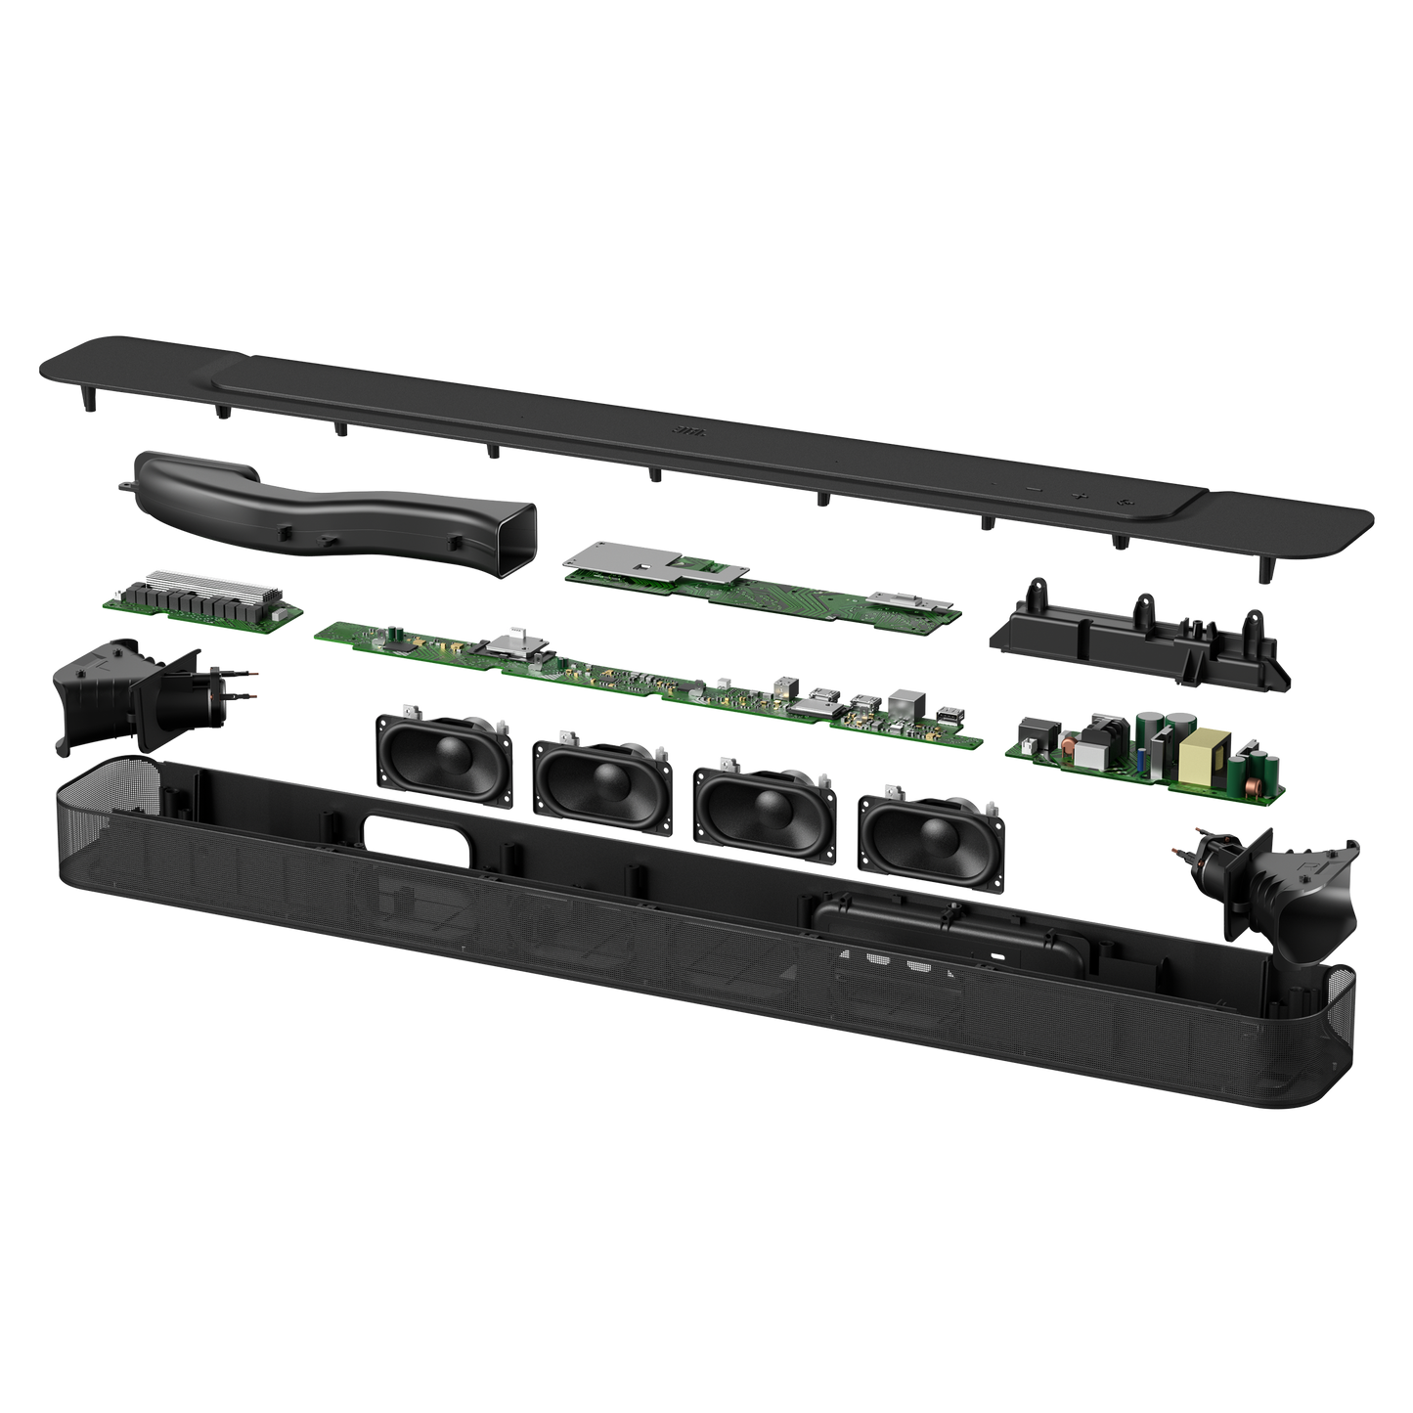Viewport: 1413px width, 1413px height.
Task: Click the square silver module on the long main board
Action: pos(508,641)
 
